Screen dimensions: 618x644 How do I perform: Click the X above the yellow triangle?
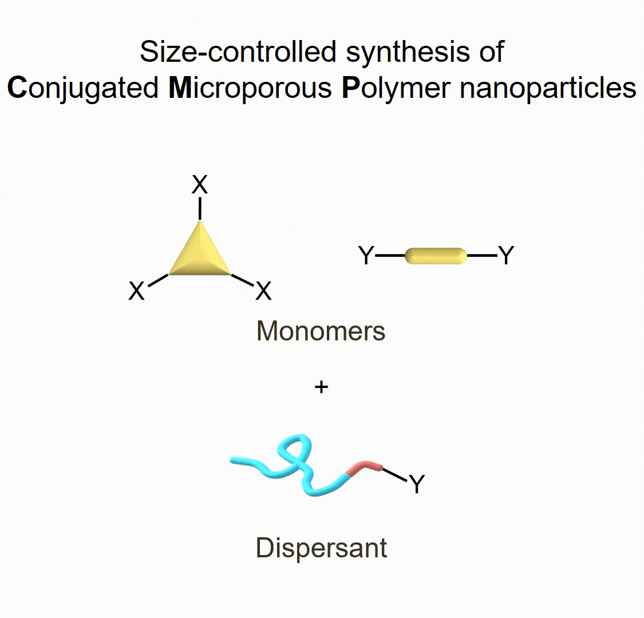pyautogui.click(x=200, y=185)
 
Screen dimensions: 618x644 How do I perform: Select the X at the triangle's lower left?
pyautogui.click(x=136, y=291)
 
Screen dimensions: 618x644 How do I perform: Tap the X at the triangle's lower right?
pyautogui.click(x=263, y=291)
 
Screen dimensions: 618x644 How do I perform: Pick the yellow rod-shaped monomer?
pyautogui.click(x=436, y=256)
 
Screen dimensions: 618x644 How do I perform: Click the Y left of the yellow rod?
pyautogui.click(x=366, y=256)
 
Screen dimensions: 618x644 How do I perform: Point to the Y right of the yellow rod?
pyautogui.click(x=506, y=255)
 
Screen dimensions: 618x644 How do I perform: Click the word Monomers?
pyautogui.click(x=321, y=331)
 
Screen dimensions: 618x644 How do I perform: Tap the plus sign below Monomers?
pyautogui.click(x=321, y=387)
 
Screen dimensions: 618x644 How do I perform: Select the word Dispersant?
pyautogui.click(x=321, y=548)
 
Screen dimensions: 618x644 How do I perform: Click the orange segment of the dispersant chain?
pyautogui.click(x=364, y=467)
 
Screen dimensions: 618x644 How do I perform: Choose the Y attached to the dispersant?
pyautogui.click(x=417, y=484)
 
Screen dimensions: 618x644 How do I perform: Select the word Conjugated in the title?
pyautogui.click(x=84, y=88)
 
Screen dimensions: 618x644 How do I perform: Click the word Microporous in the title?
pyautogui.click(x=250, y=88)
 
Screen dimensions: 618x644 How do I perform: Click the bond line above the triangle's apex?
pyautogui.click(x=200, y=209)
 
